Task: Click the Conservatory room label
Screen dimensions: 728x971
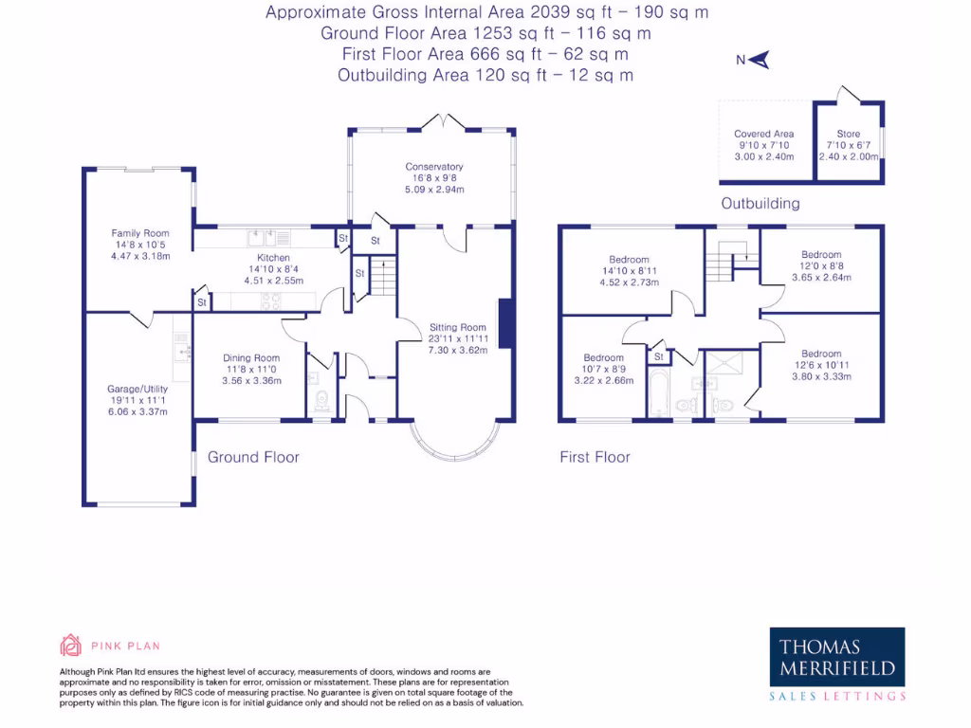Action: [433, 167]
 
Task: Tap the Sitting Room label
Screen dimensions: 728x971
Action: [457, 328]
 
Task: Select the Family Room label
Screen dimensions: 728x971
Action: [139, 233]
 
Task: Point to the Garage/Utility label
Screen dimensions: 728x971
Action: [137, 388]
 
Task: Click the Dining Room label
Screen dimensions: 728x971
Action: [251, 357]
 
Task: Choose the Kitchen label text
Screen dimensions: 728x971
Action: [273, 258]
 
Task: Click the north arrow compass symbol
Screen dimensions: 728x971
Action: [757, 60]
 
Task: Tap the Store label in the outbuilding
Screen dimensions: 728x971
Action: [848, 135]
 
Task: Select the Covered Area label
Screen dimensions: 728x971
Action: [763, 135]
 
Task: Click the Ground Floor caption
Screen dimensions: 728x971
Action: [253, 457]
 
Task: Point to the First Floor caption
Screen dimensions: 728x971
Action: [595, 457]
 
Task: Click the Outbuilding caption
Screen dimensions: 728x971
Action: [760, 203]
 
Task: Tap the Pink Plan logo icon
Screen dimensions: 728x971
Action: [71, 646]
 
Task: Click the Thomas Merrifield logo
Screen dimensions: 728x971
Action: [836, 664]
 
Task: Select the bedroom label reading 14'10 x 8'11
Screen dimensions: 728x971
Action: [629, 260]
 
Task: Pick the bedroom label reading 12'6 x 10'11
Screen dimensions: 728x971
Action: [820, 354]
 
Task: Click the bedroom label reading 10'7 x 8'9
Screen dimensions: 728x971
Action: [604, 358]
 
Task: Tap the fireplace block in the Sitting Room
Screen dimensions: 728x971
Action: [506, 325]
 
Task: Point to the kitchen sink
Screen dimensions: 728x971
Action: [263, 237]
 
